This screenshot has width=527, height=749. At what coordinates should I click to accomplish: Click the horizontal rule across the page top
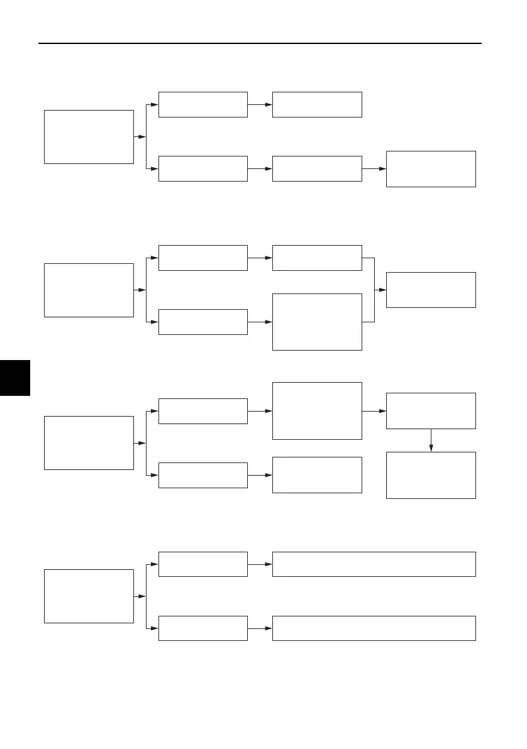click(260, 43)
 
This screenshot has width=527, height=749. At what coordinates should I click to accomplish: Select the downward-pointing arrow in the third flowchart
click(431, 440)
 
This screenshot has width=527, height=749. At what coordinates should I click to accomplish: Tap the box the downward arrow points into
click(431, 475)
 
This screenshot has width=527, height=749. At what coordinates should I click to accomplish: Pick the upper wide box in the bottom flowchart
click(374, 564)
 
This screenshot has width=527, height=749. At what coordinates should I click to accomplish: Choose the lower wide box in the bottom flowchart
click(374, 628)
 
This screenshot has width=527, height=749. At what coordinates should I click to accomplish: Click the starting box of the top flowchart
click(89, 137)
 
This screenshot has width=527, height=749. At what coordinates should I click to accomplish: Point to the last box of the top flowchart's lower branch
click(431, 169)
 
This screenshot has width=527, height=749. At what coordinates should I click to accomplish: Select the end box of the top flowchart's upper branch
click(317, 104)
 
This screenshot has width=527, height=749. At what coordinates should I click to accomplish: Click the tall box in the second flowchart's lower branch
click(317, 322)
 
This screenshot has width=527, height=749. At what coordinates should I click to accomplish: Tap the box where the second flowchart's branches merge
click(431, 290)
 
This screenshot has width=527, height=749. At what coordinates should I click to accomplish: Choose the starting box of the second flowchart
click(89, 290)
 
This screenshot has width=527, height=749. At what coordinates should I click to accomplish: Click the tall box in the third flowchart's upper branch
click(317, 411)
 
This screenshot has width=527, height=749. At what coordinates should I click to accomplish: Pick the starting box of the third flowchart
click(89, 443)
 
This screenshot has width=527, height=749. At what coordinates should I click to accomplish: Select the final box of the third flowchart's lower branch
click(317, 475)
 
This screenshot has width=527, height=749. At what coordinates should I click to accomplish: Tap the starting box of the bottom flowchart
click(89, 596)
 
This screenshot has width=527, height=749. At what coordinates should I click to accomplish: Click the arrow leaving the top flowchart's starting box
click(140, 137)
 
